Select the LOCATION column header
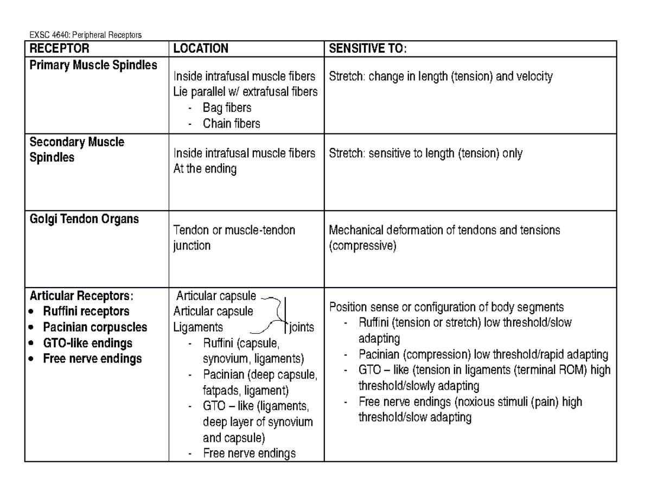coord(201,49)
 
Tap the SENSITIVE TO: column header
coord(367,49)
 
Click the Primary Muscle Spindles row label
coord(93,65)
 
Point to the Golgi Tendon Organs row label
coord(84,219)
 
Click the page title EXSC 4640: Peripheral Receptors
coord(85,35)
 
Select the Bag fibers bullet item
coord(227,107)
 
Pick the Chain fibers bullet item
coord(231,124)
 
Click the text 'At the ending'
coord(205,169)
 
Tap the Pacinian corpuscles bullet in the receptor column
coord(95,327)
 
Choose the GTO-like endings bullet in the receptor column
coord(87,343)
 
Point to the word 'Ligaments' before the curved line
coord(198,328)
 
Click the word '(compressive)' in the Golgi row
coord(363,246)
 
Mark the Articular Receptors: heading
coord(81,296)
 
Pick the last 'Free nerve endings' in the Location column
coord(249,454)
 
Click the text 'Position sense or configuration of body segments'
coord(446,307)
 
